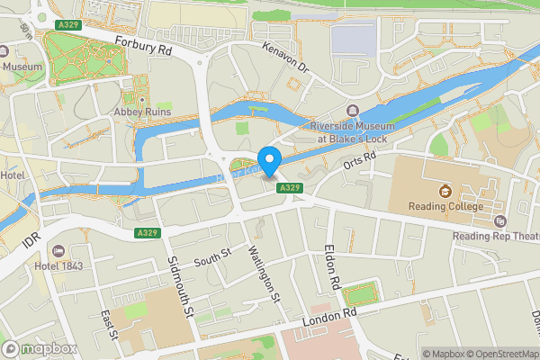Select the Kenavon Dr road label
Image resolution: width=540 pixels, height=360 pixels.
(x=285, y=57)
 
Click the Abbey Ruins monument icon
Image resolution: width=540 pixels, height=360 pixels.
(x=140, y=98)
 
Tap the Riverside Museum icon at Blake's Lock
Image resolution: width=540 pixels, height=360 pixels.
(x=352, y=110)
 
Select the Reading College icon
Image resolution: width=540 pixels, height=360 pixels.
(x=445, y=191)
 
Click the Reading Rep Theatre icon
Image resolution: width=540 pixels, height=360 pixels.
(x=501, y=220)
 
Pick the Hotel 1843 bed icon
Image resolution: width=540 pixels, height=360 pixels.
(x=59, y=250)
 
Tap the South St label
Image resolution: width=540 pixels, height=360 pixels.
(x=214, y=258)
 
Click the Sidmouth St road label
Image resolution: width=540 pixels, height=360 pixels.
(x=181, y=287)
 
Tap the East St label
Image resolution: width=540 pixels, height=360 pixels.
(x=109, y=325)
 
